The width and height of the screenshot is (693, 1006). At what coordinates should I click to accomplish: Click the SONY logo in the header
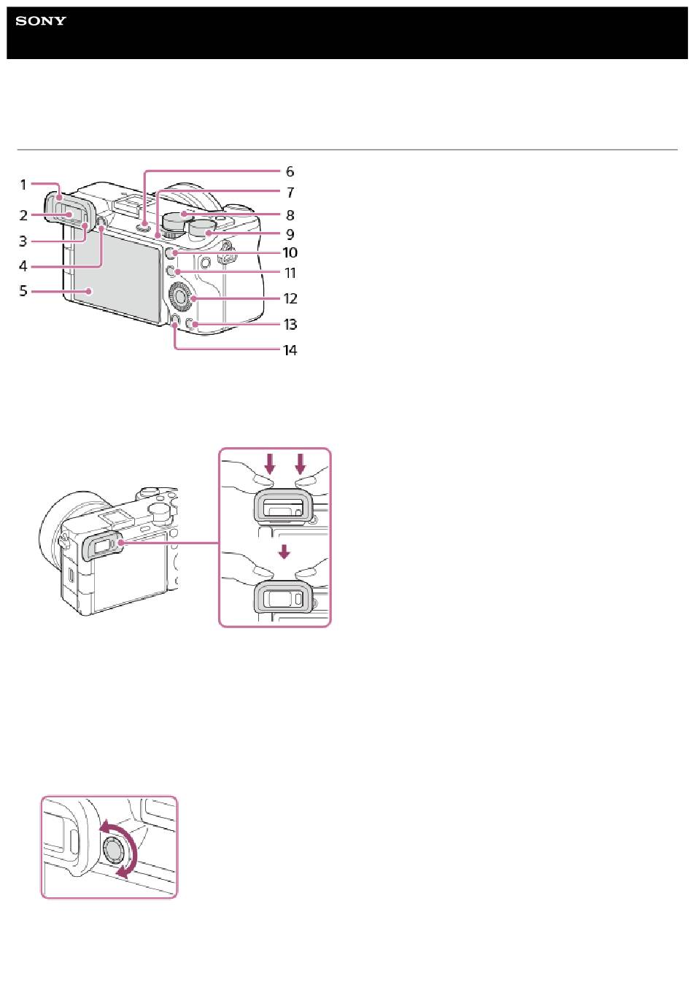(x=41, y=20)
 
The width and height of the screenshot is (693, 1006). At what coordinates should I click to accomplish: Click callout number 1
(x=23, y=185)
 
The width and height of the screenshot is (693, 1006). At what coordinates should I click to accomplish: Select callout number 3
(x=23, y=241)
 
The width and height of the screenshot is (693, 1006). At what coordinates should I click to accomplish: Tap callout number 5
(x=23, y=290)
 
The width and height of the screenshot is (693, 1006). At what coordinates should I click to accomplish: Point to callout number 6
(x=290, y=171)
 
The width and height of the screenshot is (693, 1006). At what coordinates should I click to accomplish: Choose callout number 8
(x=290, y=215)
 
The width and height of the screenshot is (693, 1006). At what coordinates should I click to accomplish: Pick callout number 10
(x=290, y=252)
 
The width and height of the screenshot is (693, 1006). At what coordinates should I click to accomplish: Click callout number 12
(x=290, y=298)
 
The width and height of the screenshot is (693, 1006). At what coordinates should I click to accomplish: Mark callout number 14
(x=290, y=350)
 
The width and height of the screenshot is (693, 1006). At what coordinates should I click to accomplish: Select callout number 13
(x=290, y=324)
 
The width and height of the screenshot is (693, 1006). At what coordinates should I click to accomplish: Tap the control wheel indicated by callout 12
(x=182, y=295)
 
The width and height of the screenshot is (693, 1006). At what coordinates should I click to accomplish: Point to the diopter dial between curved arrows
(x=115, y=848)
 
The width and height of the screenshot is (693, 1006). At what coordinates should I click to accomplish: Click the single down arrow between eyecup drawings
(x=284, y=552)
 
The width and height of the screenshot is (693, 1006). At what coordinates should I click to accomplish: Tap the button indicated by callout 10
(x=170, y=253)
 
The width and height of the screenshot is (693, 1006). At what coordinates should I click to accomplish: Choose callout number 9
(x=290, y=234)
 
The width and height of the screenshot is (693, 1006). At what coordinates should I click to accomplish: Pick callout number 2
(x=23, y=215)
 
